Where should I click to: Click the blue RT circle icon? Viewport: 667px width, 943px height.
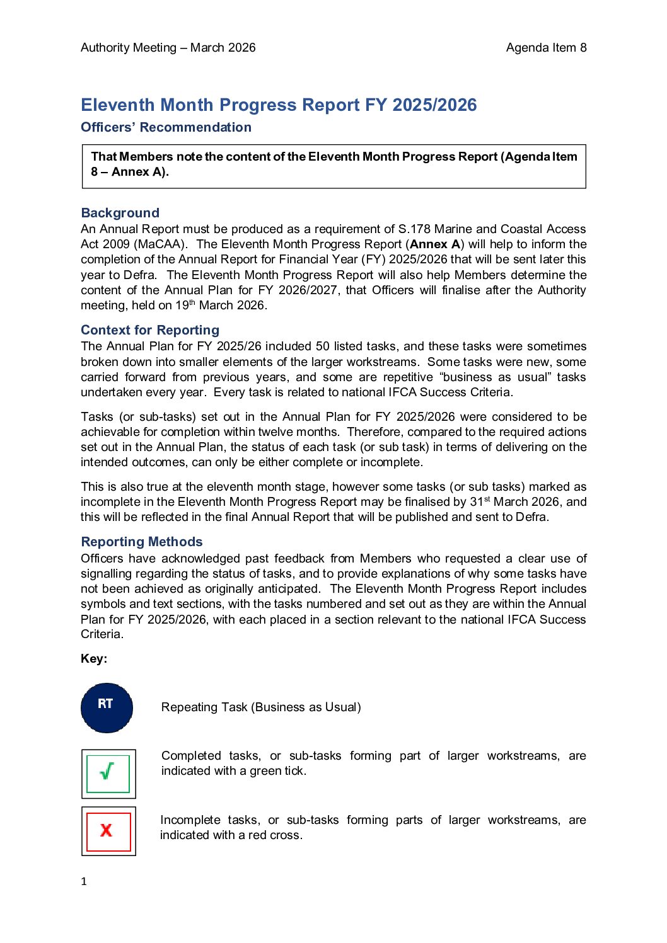point(107,707)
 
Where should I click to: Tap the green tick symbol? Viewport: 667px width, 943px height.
point(108,773)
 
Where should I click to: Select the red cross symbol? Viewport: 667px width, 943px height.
point(108,831)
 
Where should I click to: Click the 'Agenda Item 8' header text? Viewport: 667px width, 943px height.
point(546,48)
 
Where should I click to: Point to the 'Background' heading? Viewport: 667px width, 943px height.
point(120,213)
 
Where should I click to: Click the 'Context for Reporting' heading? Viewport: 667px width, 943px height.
point(150,330)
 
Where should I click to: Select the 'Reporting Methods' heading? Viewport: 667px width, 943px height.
point(142,542)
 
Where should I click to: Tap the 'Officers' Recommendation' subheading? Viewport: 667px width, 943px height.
point(166,127)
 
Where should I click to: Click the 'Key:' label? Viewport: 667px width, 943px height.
point(94,658)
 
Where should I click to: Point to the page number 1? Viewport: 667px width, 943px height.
point(84,881)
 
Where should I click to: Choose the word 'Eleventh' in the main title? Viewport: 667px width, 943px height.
point(118,105)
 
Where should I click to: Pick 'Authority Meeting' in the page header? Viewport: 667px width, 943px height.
point(129,48)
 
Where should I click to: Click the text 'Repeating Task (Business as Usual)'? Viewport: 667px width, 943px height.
point(261,707)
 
